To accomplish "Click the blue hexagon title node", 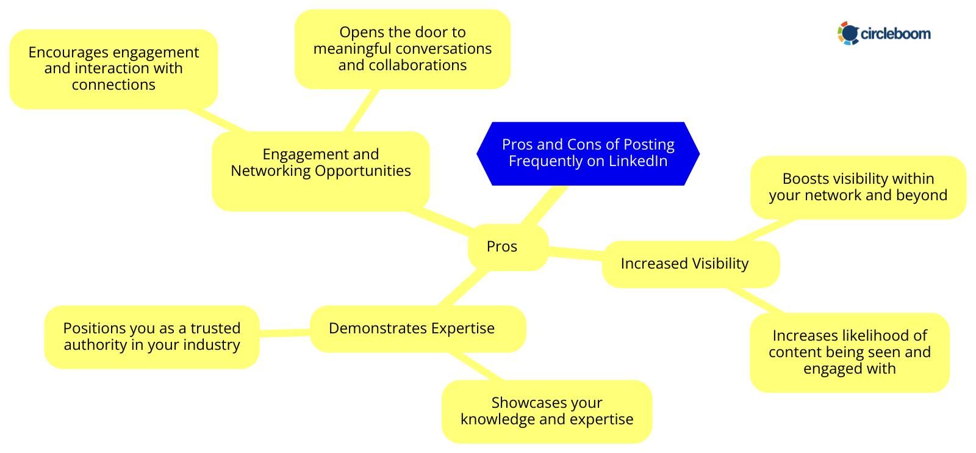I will [587, 153].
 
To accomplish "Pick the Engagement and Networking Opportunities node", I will [320, 171].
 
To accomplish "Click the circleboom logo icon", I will [848, 33].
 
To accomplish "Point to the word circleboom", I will [895, 34].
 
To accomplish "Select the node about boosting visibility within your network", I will [858, 187].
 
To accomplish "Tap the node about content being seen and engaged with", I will [849, 352].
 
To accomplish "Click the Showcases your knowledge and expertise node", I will [547, 411].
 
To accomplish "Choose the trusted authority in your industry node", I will [151, 336].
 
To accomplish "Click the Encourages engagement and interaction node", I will [113, 68].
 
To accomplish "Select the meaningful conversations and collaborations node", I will [402, 49].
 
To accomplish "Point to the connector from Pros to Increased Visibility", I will [575, 253].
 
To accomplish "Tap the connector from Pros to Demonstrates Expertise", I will [464, 287].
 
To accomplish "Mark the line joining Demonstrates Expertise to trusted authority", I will [284, 332].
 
